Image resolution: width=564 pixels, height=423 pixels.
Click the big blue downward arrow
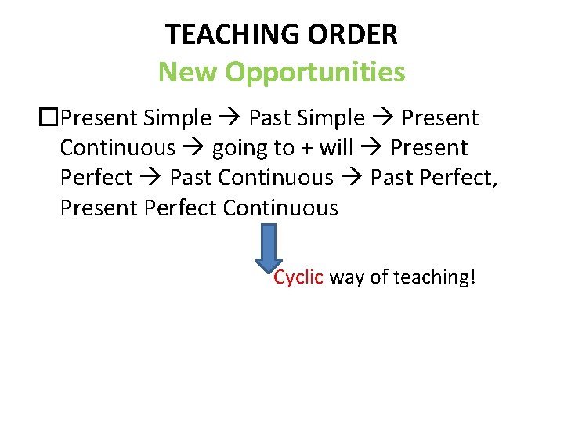point(268,250)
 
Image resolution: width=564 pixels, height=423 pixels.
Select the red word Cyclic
point(298,277)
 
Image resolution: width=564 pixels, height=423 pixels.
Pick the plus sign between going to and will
point(306,148)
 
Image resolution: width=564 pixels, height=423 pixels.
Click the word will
point(338,147)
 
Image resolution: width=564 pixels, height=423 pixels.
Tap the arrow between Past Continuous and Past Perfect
point(352,178)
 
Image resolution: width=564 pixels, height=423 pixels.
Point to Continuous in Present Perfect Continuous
point(280,208)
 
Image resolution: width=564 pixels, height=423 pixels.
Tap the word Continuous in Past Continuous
point(276,178)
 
